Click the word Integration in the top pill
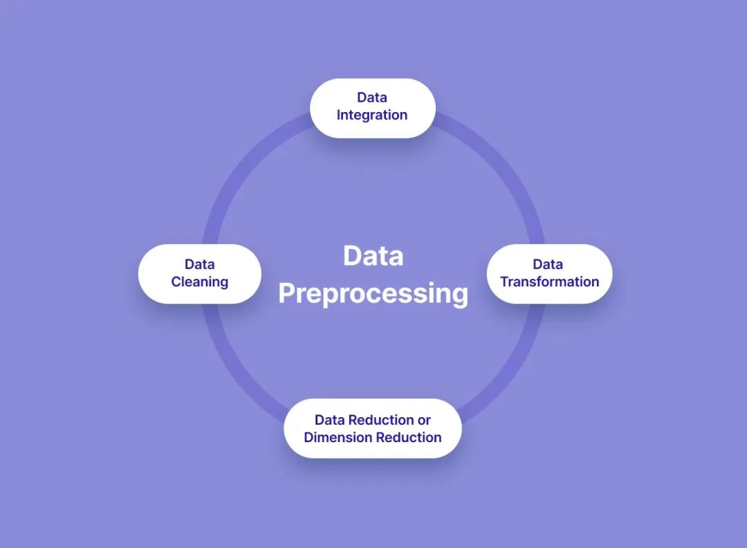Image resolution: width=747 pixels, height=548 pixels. click(x=372, y=116)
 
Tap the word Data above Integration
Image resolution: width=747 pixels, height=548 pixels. click(x=372, y=98)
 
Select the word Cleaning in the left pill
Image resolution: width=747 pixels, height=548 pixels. click(x=200, y=282)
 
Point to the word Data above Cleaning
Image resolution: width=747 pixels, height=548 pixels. click(x=200, y=264)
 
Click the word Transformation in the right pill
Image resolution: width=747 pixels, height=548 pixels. click(x=550, y=282)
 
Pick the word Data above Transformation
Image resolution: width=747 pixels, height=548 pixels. click(x=548, y=264)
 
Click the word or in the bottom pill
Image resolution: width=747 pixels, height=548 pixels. click(x=424, y=420)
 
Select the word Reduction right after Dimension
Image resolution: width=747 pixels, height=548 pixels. click(x=409, y=437)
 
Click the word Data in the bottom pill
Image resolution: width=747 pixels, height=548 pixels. click(x=329, y=420)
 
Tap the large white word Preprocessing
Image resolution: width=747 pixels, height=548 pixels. click(x=373, y=293)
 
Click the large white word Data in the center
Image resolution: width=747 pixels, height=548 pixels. click(x=373, y=256)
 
